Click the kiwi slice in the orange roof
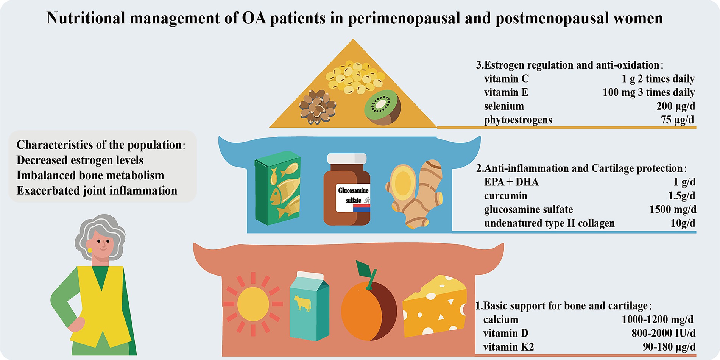382,107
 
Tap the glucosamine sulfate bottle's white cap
347,158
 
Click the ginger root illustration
416,193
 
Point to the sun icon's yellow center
253,304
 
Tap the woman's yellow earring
90,250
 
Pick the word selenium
504,106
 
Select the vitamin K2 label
508,347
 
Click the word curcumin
505,196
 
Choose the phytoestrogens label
518,120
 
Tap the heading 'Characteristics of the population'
99,145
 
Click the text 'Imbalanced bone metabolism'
90,176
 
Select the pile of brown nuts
317,107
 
